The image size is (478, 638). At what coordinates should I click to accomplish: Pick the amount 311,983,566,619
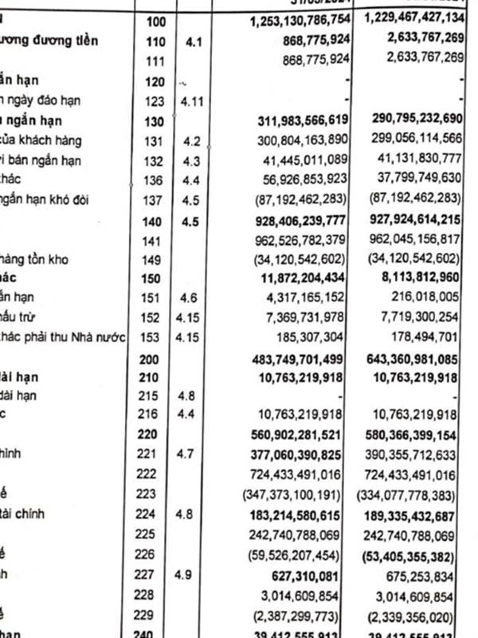pyautogui.click(x=298, y=120)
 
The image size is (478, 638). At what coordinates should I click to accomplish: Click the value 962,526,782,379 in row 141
pyautogui.click(x=298, y=239)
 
